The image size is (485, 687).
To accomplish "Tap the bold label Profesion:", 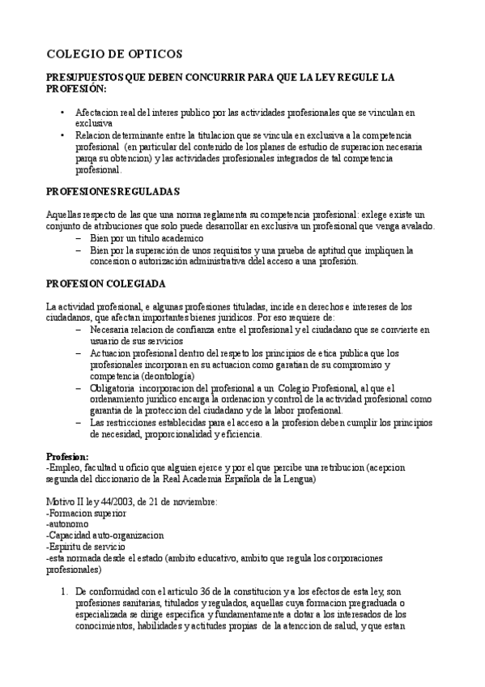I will [x=67, y=455].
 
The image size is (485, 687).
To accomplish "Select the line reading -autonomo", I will [x=69, y=524].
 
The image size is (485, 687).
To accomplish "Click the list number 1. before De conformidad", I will [x=64, y=591].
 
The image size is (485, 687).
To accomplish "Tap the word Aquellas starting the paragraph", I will [x=65, y=214].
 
